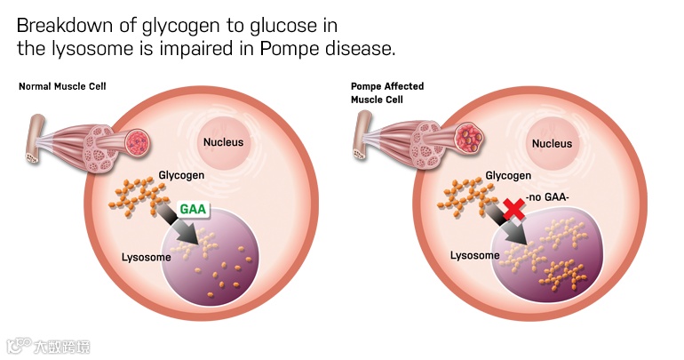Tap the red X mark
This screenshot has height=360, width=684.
512,209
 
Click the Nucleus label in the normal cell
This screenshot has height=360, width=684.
223,142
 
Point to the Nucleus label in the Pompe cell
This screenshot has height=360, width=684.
551,142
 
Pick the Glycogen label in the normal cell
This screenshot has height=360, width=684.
181,175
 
